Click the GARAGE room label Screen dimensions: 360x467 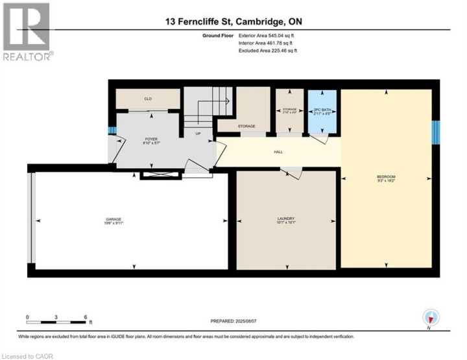[x=114, y=220]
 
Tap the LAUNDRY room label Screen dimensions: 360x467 [x=286, y=219]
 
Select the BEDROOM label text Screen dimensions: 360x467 [x=386, y=177]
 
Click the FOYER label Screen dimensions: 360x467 [x=151, y=138]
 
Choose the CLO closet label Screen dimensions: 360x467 [x=147, y=99]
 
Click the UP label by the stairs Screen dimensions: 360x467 [x=198, y=134]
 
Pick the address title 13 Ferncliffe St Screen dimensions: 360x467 [x=233, y=21]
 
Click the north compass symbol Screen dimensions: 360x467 [x=431, y=318]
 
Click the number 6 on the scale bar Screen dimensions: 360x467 [x=86, y=317]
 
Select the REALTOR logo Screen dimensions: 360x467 [x=27, y=32]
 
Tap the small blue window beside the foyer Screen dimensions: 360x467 [x=111, y=131]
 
